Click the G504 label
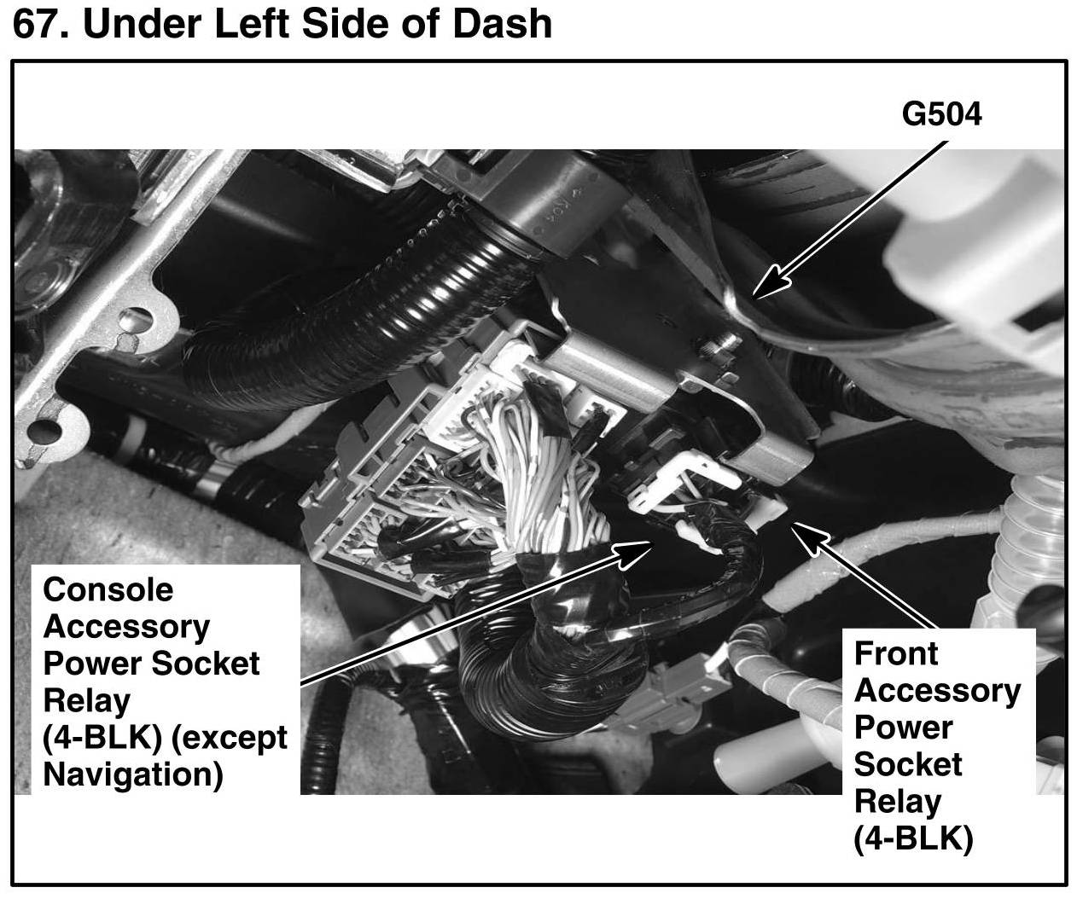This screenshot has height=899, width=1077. click(942, 114)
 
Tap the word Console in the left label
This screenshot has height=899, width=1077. click(108, 589)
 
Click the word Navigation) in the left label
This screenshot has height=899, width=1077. click(133, 774)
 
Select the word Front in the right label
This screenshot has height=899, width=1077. click(896, 653)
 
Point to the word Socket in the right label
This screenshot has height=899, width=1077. click(908, 764)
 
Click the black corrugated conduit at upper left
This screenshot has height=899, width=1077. click(358, 290)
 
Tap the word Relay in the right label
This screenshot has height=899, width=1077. click(898, 802)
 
